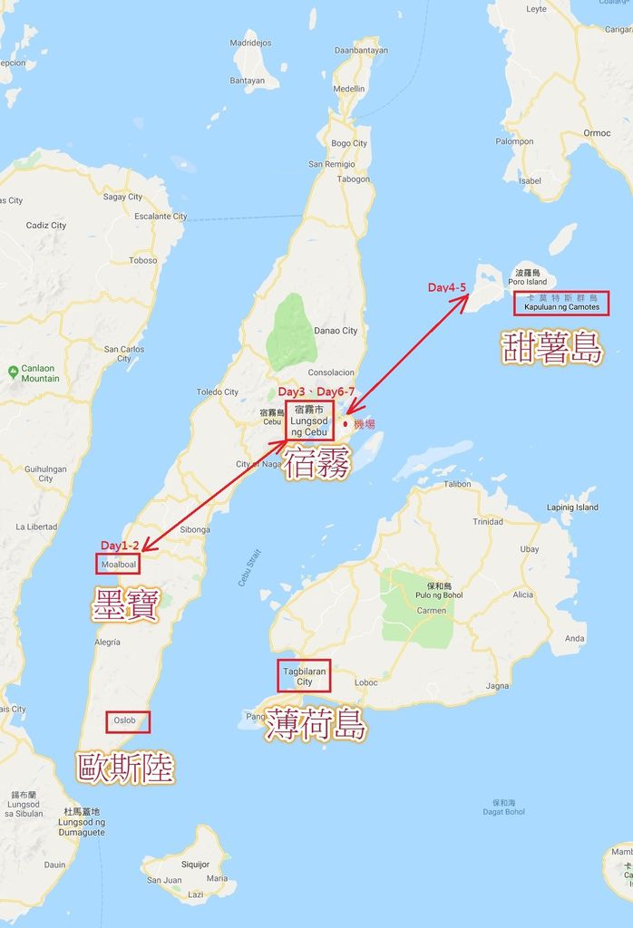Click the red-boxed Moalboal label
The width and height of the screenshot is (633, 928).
(x=118, y=564)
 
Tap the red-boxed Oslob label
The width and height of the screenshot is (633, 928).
(x=127, y=721)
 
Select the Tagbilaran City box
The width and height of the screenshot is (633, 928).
(x=304, y=676)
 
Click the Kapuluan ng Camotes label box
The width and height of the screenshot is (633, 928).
(x=561, y=303)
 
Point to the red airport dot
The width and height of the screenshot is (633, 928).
(x=346, y=423)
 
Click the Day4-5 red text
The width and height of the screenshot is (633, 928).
(x=447, y=287)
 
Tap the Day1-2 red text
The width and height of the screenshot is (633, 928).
(x=120, y=546)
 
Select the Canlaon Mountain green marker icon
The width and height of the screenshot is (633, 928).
(x=13, y=371)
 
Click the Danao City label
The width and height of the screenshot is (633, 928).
(x=336, y=331)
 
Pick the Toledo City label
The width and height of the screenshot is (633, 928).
(x=218, y=392)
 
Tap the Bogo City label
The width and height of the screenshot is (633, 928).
(x=349, y=143)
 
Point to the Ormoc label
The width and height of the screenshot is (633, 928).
(x=597, y=133)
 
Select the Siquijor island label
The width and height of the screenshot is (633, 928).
(x=195, y=865)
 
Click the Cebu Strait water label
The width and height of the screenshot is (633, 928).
(x=249, y=567)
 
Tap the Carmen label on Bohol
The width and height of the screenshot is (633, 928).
(x=432, y=611)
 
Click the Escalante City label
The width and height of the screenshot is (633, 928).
(x=161, y=217)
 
